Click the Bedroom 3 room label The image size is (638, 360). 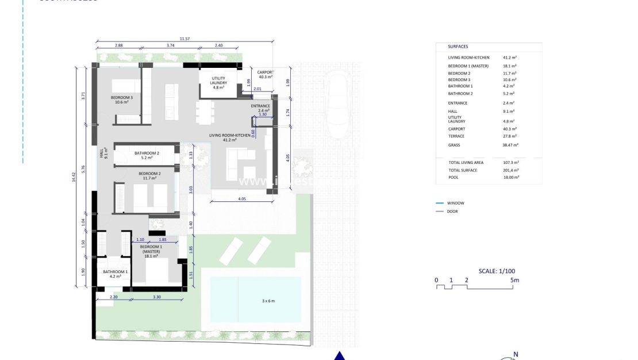(x=122, y=100)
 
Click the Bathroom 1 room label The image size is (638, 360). (x=116, y=274)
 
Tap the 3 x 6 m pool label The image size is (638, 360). (x=264, y=301)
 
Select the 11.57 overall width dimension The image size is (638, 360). (x=185, y=39)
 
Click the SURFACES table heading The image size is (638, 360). (x=458, y=47)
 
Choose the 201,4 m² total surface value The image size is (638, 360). (x=511, y=170)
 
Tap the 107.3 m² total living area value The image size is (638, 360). (x=511, y=163)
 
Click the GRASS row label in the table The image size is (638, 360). (x=455, y=145)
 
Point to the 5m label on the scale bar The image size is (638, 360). (x=514, y=280)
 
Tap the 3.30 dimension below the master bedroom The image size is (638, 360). (x=157, y=297)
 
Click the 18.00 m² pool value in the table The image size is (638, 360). (x=511, y=178)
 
